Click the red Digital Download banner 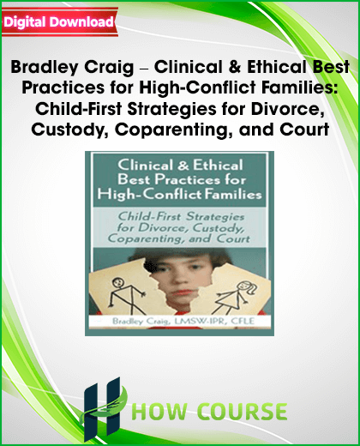tap(60, 22)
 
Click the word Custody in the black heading tap(69, 130)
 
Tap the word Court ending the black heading tap(304, 130)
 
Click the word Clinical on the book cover tap(146, 166)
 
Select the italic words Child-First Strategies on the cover tap(181, 216)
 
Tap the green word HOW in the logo tap(160, 412)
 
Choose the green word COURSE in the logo tap(243, 412)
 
